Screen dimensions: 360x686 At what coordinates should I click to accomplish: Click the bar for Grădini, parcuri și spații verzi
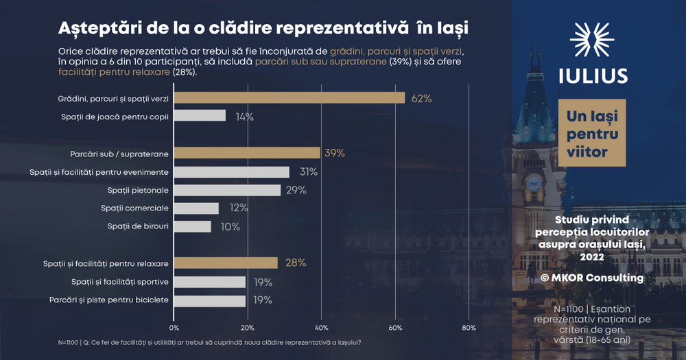[289, 98]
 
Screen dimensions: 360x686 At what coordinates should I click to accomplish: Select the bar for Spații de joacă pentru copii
[200, 116]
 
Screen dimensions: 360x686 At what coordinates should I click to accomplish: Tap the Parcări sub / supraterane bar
[247, 153]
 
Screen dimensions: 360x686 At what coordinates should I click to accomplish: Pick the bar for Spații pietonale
[227, 190]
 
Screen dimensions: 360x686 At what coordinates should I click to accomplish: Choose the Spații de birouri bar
[193, 226]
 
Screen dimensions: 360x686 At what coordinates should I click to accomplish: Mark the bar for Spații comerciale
[196, 208]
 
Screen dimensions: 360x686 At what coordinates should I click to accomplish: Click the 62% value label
[421, 99]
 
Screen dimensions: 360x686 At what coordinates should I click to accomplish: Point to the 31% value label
[308, 172]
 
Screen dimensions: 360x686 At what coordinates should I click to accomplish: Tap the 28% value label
[296, 263]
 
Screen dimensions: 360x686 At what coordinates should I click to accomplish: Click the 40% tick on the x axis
[321, 327]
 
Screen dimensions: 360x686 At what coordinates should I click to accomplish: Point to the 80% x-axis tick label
[469, 327]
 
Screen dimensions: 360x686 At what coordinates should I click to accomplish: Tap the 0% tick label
[174, 327]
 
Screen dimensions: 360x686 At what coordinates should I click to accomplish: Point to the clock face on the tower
[534, 183]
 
